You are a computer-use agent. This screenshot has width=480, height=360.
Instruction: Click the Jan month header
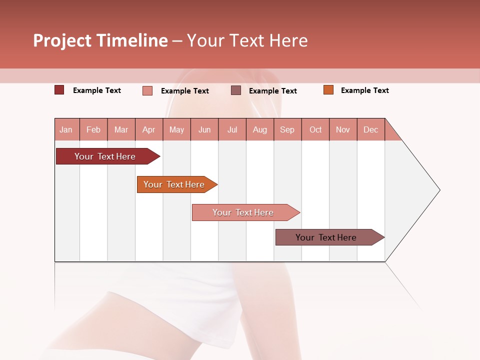coord(66,129)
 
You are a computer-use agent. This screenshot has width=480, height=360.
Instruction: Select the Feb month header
coord(93,129)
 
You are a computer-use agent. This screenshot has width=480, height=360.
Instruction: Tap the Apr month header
coord(148,129)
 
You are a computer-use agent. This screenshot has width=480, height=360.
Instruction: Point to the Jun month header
coord(204,129)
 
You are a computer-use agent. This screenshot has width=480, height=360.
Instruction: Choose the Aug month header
coord(259,129)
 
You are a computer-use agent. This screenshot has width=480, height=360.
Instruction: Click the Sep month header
coord(287,129)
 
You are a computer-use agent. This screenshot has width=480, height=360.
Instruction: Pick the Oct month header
coord(315,129)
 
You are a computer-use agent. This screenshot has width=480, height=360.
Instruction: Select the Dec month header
coord(370,129)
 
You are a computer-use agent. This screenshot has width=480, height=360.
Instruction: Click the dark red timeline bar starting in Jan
coord(105,156)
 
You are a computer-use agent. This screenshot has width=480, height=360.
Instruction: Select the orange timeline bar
coord(174,184)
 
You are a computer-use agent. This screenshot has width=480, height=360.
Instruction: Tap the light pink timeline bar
coord(243,212)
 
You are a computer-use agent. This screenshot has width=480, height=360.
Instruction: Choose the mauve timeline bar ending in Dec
coord(326,237)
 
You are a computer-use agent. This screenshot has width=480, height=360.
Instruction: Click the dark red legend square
coord(59,90)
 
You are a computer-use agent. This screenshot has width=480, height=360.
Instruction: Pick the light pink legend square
coord(147,90)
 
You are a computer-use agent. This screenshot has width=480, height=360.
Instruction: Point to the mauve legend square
coord(235,90)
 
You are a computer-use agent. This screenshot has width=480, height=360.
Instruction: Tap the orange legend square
coord(328,90)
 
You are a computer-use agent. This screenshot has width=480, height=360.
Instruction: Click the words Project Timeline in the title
coord(100,40)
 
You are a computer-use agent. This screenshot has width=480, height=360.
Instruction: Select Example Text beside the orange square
coord(364,90)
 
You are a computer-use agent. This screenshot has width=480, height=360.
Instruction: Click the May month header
coord(176,129)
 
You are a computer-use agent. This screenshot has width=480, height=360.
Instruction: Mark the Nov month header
coord(342,129)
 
